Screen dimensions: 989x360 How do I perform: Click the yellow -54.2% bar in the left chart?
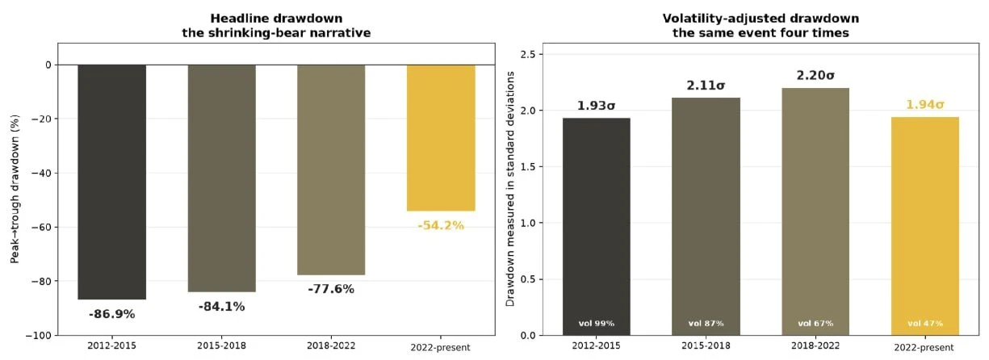(441, 138)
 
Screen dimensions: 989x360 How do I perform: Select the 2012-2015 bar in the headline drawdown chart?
(111, 182)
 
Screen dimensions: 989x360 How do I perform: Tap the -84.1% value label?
(222, 307)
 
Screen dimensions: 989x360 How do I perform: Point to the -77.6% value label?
(331, 289)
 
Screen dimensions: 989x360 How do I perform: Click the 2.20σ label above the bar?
(815, 75)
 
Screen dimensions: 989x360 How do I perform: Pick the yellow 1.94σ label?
(925, 105)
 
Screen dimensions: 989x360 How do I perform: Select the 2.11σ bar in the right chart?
(706, 216)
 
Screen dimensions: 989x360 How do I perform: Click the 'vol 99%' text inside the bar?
(597, 324)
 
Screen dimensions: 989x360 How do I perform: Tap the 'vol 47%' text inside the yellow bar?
(925, 324)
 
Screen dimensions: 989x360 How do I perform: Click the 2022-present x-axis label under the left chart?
(440, 348)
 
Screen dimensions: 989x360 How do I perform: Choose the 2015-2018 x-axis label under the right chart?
(706, 345)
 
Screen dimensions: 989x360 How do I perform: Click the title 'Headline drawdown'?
(276, 19)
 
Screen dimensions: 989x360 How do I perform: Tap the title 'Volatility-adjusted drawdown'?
(761, 19)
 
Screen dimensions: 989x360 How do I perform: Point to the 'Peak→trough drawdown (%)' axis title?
(15, 189)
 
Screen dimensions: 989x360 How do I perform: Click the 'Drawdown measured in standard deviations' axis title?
(510, 189)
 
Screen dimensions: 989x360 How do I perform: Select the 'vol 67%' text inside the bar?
(815, 324)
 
